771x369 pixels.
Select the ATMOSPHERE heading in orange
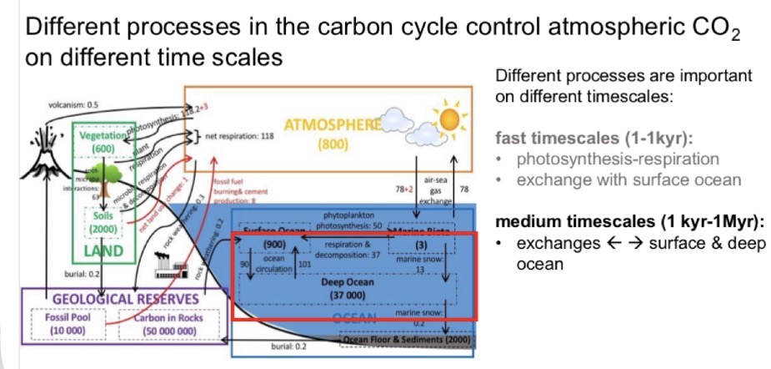[333, 125]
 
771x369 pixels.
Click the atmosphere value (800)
[333, 144]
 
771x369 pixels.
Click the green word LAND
[103, 250]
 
